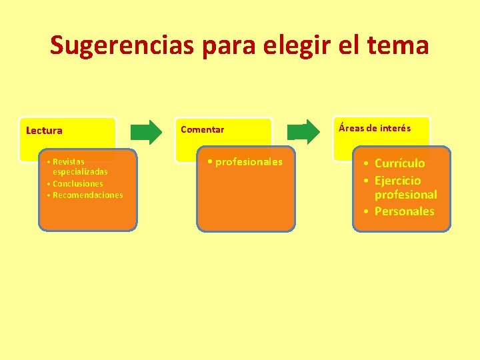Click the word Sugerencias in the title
coord(121,45)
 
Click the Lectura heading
coord(44,131)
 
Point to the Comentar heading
coord(202,129)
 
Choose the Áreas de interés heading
coord(375,128)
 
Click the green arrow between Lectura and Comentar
coord(146,131)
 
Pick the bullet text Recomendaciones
coord(87,195)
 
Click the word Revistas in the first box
coord(68,162)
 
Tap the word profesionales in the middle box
coord(249,162)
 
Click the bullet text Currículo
coord(399,163)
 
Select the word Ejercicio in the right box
coord(397,181)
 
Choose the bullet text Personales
coord(404,211)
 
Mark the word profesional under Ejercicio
coord(405,195)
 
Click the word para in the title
coord(227,45)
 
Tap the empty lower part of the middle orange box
coord(245,207)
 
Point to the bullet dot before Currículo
coord(367,163)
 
